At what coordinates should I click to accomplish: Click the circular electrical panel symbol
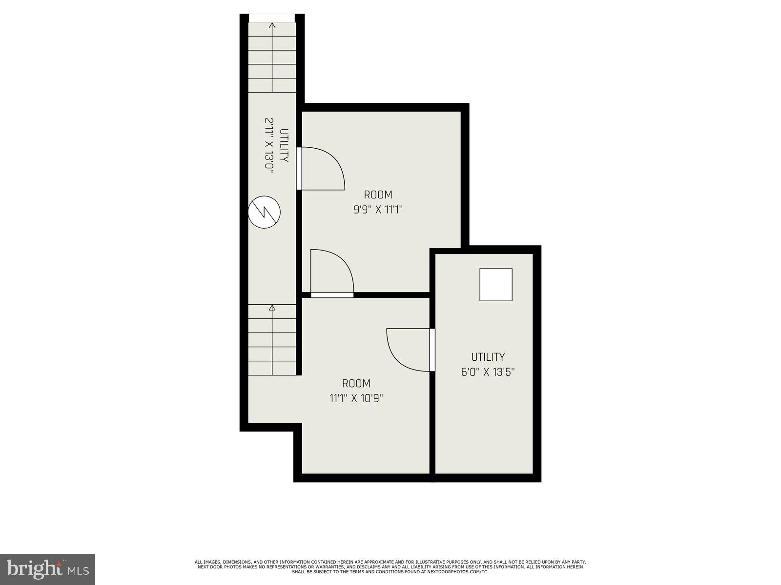tap(264, 212)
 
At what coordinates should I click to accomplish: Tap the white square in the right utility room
tap(495, 285)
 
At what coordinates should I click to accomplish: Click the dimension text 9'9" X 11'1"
tap(378, 210)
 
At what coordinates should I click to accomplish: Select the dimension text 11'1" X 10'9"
tap(356, 398)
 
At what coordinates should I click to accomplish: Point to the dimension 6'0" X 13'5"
tap(488, 372)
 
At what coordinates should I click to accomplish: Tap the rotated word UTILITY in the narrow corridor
tap(284, 145)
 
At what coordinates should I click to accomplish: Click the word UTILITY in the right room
tap(488, 357)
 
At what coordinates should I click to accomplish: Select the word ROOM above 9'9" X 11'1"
tap(378, 195)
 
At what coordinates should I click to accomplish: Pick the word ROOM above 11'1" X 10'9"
tap(356, 383)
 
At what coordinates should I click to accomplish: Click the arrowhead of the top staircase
tap(272, 26)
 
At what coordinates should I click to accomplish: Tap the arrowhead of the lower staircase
tap(272, 308)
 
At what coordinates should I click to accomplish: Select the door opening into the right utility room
tap(409, 350)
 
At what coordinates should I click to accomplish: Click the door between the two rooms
tap(332, 273)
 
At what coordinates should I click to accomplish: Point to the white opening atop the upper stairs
tap(272, 18)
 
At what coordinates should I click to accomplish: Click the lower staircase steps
tap(272, 341)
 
